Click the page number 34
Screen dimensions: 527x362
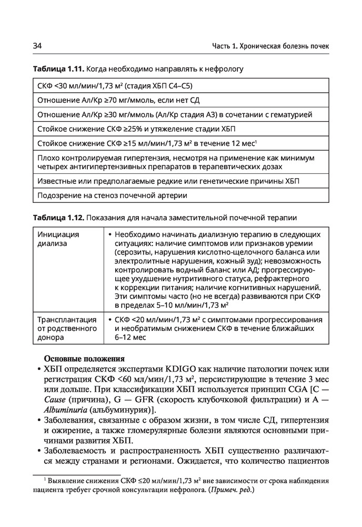pos(37,46)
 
